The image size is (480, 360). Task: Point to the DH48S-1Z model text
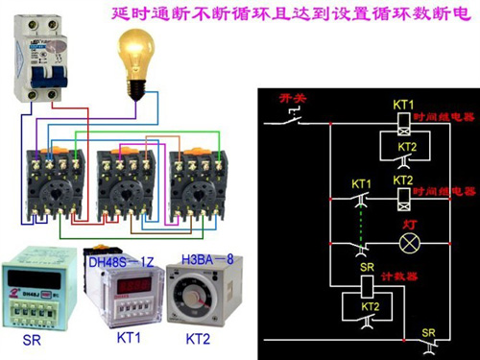click(122, 261)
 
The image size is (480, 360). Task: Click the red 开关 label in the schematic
click(291, 98)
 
